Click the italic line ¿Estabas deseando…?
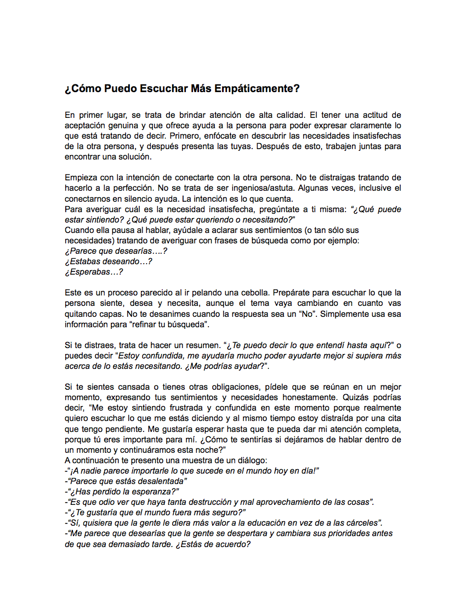click(108, 261)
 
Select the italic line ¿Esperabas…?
click(94, 272)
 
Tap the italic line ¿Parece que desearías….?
click(116, 251)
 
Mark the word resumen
click(192, 345)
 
